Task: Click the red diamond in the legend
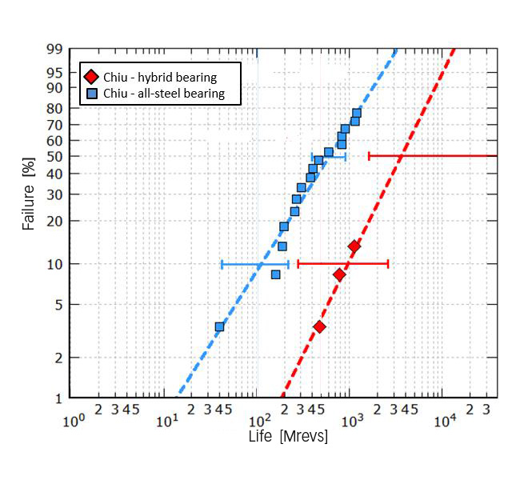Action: click(x=91, y=78)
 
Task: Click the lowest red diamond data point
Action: click(x=319, y=326)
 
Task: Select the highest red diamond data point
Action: click(x=354, y=246)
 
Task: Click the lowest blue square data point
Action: click(x=219, y=326)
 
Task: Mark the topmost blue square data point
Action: click(x=357, y=113)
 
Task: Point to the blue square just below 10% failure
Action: click(x=275, y=274)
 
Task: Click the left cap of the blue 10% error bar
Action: click(x=222, y=264)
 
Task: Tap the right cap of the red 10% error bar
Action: click(x=388, y=262)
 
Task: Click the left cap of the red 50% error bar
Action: click(x=369, y=155)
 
